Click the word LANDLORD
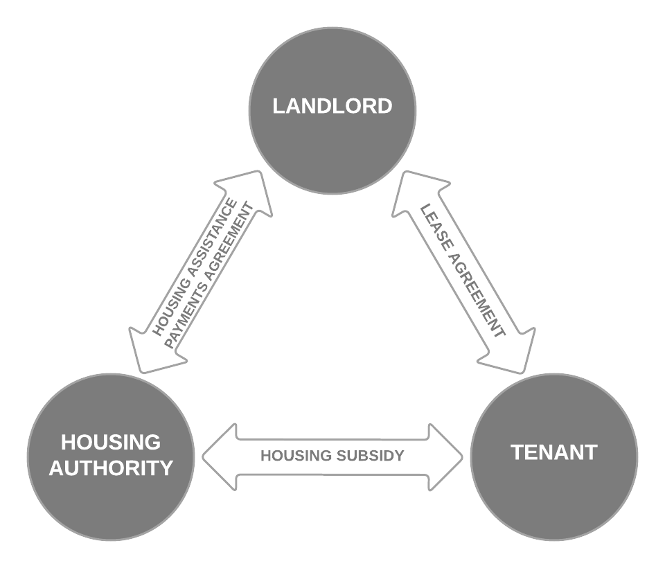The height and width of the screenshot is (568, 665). pyautogui.click(x=332, y=107)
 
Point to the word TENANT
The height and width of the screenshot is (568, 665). pyautogui.click(x=554, y=453)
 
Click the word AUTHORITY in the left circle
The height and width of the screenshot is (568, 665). pyautogui.click(x=112, y=468)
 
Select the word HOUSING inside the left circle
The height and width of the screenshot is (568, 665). pyautogui.click(x=111, y=443)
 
